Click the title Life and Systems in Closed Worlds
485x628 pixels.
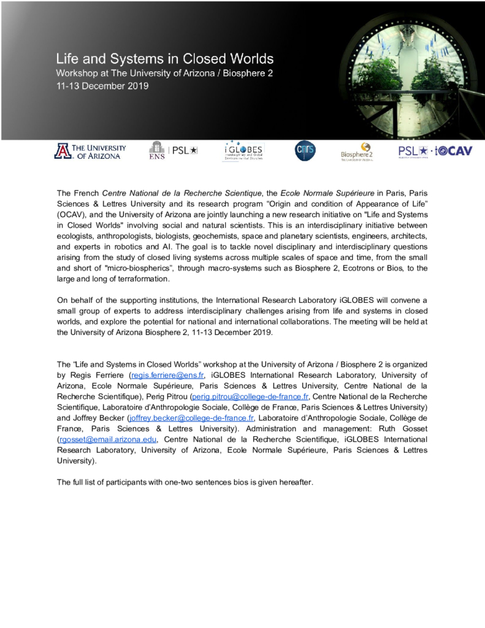pos(164,60)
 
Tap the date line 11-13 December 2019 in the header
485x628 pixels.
pos(102,86)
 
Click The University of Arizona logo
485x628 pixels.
pos(90,151)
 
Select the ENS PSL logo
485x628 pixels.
pos(173,151)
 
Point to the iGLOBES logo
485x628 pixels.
pos(243,151)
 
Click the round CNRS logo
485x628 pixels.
pos(305,151)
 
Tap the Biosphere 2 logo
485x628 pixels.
pos(357,151)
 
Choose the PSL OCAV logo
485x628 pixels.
pos(435,151)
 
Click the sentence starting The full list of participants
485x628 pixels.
pos(185,482)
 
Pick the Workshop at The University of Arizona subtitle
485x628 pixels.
pos(164,75)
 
